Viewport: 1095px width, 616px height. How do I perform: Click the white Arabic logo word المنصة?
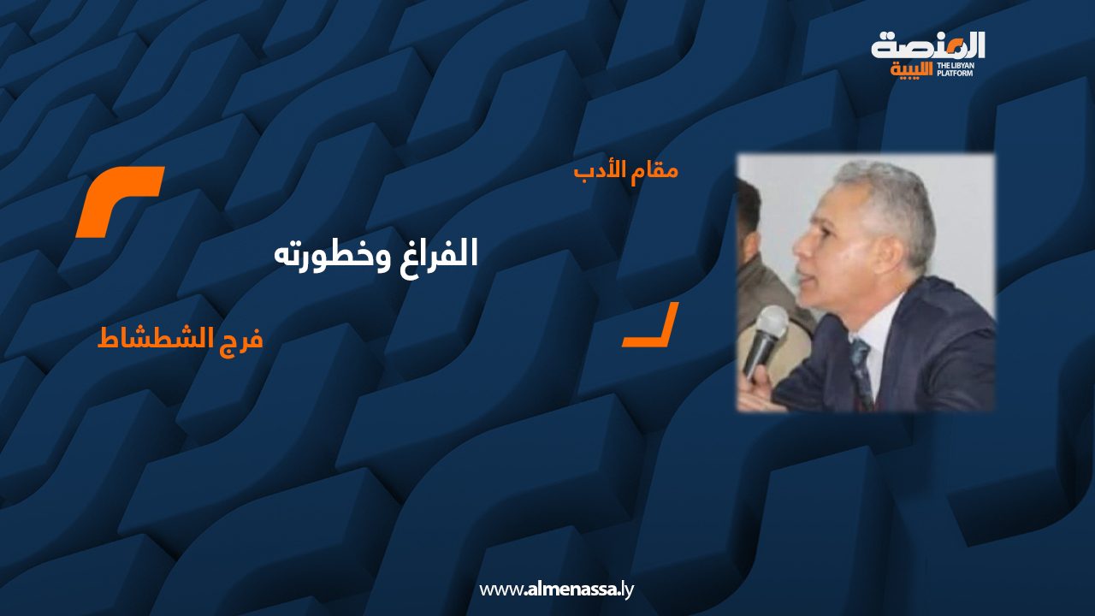(x=928, y=46)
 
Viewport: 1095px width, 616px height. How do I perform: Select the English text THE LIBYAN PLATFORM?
(x=956, y=69)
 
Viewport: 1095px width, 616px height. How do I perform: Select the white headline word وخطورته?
(x=333, y=257)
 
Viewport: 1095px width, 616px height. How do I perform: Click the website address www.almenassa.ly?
(x=556, y=589)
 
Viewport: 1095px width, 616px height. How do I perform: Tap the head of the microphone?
(x=772, y=323)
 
